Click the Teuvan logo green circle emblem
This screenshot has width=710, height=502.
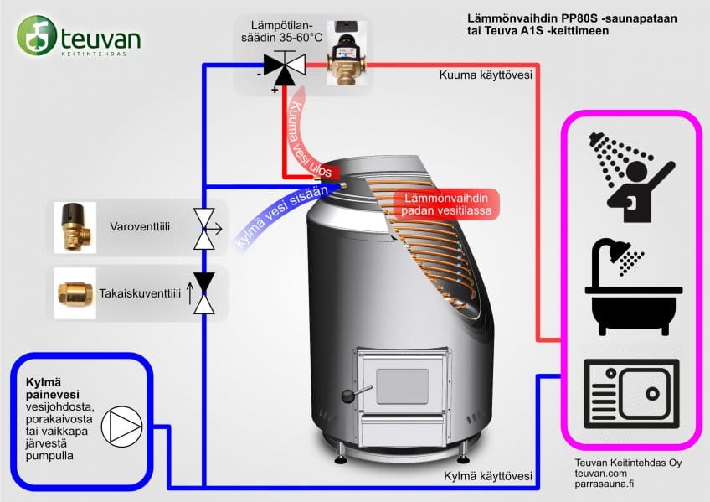point(37,35)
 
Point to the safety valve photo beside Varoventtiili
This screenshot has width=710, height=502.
point(73,226)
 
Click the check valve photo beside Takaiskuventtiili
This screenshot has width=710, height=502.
point(73,292)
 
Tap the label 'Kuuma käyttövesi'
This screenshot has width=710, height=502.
point(486,75)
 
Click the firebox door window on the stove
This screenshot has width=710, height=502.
point(401,386)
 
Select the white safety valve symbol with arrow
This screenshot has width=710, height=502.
point(203,227)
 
